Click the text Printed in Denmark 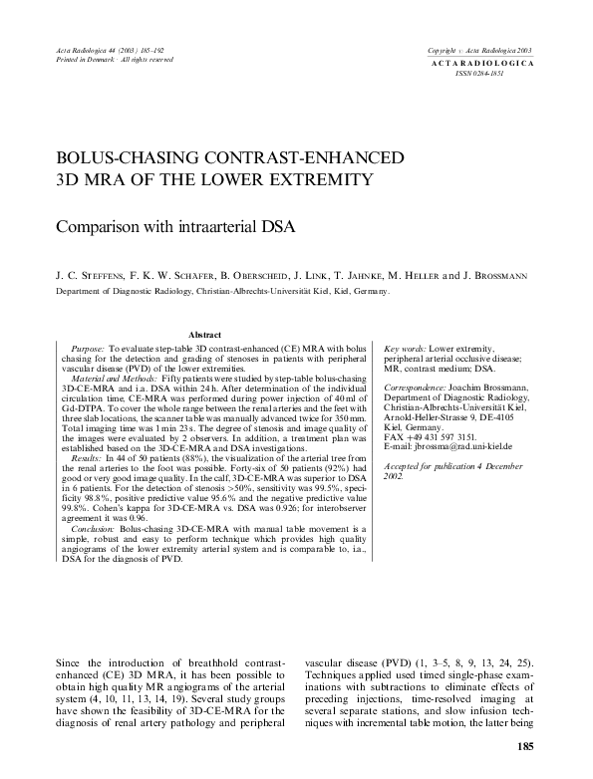(x=78, y=61)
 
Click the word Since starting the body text (x=76, y=661)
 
